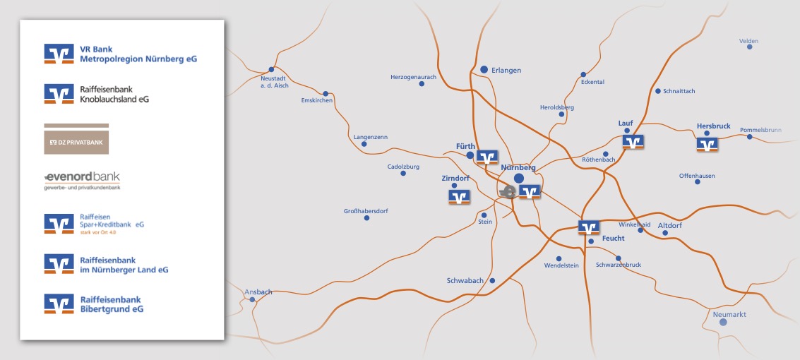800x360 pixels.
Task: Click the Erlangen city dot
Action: (484, 69)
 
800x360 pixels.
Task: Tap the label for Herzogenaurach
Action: (414, 76)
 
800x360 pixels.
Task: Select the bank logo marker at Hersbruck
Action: (707, 144)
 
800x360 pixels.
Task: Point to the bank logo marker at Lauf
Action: (633, 142)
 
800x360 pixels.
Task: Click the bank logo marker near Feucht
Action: (589, 227)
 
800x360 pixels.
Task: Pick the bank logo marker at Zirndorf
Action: (460, 197)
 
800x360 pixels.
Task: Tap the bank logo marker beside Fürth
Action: (487, 157)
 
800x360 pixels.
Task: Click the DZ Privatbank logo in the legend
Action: (76, 141)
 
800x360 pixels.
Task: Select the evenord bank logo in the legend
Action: (82, 181)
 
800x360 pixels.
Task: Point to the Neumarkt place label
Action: (730, 314)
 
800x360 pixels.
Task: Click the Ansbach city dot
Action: (253, 300)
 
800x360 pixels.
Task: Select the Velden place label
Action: (748, 41)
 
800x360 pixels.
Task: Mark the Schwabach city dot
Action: (493, 280)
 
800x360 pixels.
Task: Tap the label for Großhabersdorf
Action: (366, 211)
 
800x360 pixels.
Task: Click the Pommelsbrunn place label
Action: (760, 130)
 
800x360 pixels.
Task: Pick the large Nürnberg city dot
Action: (519, 179)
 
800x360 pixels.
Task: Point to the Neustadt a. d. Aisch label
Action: (275, 81)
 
